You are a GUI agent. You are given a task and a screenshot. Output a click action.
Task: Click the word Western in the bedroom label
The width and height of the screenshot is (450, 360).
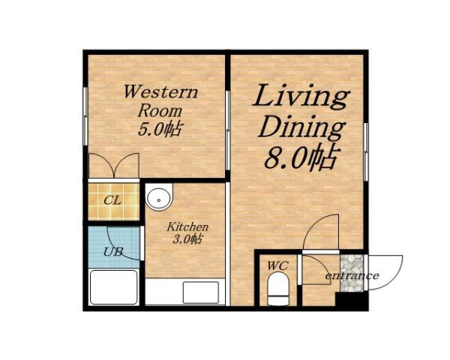coord(160,91)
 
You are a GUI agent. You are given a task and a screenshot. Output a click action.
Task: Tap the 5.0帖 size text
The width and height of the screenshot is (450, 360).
coord(160,129)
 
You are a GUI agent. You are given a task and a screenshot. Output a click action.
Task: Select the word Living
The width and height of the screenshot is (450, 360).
coord(301,97)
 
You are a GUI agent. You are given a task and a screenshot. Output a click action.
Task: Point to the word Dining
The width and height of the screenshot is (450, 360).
coord(301,127)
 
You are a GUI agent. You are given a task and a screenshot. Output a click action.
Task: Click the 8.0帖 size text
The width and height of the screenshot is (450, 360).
coord(301,158)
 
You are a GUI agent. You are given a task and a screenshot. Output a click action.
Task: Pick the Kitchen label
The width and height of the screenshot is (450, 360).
coord(187,226)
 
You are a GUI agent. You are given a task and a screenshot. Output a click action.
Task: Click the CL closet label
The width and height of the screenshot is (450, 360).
coord(112,200)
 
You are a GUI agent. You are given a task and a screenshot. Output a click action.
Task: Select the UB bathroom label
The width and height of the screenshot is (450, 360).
coord(112,252)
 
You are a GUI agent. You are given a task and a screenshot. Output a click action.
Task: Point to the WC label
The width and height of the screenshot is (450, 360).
coord(277,265)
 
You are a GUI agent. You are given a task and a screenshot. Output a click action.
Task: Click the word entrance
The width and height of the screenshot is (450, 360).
coord(352,276)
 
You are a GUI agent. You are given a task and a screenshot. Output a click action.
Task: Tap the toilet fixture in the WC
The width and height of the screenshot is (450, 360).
coord(277,289)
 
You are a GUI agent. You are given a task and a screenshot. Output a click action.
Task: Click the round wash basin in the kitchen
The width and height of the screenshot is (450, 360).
coord(159,198)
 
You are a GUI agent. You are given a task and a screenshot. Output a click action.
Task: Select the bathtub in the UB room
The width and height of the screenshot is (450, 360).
coord(114,287)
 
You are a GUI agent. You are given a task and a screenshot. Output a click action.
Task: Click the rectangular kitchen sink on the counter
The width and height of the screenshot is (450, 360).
coord(201,292)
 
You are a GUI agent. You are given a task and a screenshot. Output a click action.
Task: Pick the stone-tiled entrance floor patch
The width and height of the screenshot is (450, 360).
coord(352,273)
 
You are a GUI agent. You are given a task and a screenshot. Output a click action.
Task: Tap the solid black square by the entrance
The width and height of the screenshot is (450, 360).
coord(352,301)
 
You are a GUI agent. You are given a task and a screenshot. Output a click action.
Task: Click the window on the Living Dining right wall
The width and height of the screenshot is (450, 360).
coord(366,151)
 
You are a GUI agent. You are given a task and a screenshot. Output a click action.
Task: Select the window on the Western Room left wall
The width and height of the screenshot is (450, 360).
coord(85,116)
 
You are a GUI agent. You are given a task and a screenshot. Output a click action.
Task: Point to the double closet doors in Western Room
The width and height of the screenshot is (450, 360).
coord(114,166)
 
